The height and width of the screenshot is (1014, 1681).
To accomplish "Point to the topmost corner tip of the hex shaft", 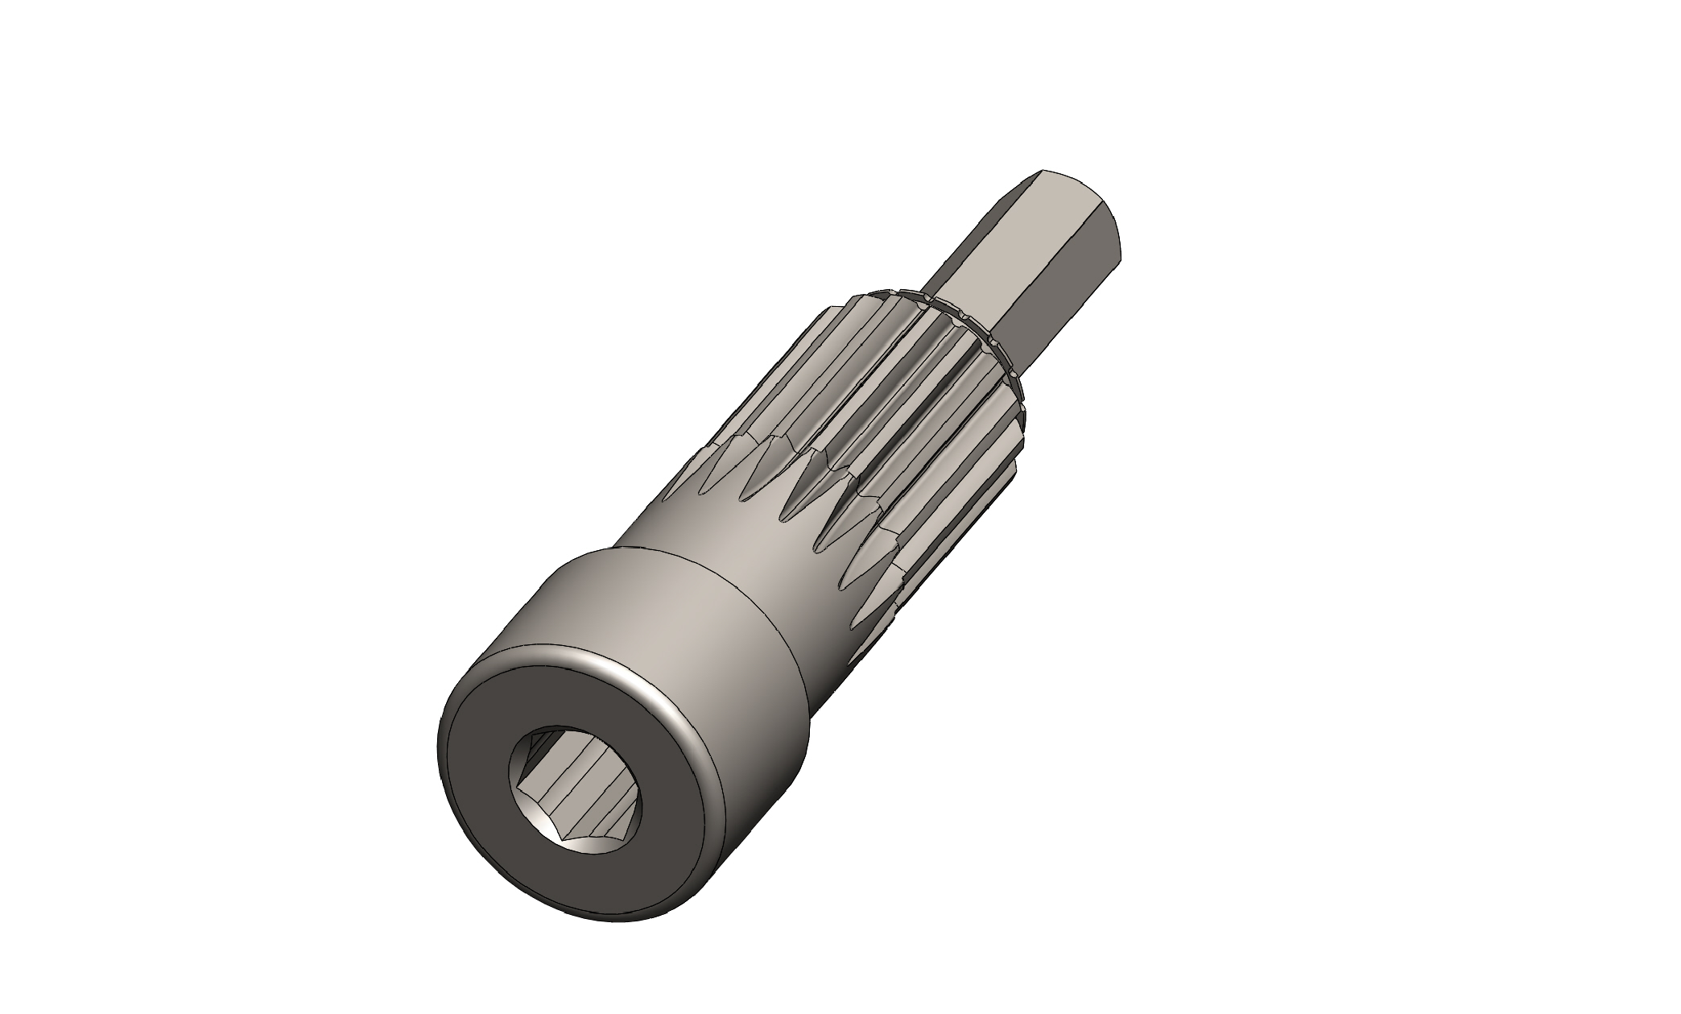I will (x=1043, y=171).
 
